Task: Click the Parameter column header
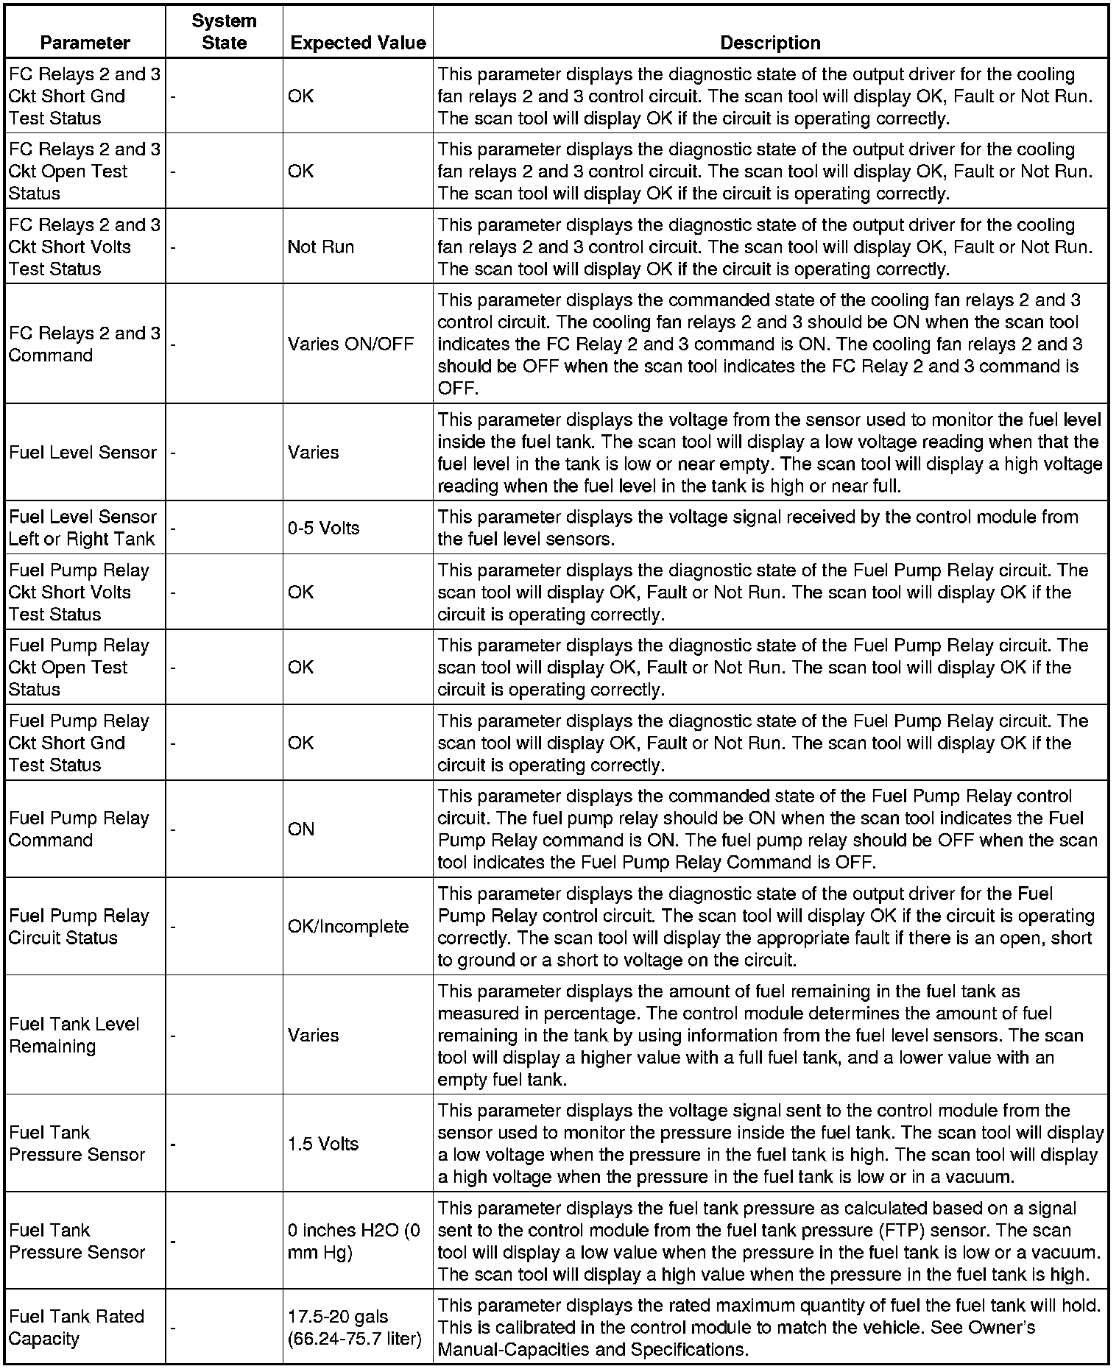[x=85, y=43]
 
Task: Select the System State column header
[x=224, y=32]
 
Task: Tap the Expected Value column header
[x=358, y=43]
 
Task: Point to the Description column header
[x=770, y=43]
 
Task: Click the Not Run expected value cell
[x=320, y=247]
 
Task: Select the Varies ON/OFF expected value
[x=350, y=344]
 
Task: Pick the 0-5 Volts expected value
[x=323, y=528]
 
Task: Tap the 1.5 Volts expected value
[x=322, y=1144]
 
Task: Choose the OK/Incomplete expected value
[x=347, y=926]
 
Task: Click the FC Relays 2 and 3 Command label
[x=84, y=344]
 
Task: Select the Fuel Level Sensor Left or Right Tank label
[x=82, y=528]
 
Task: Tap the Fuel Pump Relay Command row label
[x=79, y=829]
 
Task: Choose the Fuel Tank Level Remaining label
[x=74, y=1035]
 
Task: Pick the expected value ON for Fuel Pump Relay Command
[x=300, y=829]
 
